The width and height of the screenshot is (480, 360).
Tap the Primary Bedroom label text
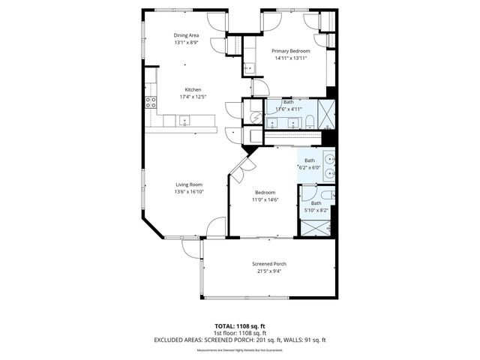tap(291, 51)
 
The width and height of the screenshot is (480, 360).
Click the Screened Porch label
tap(268, 264)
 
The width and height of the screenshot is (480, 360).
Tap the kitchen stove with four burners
tap(150, 102)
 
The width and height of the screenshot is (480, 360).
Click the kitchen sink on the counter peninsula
tap(184, 119)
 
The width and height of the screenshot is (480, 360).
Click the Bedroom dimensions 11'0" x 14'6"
tap(265, 199)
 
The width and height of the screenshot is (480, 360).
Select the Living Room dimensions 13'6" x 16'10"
tap(190, 191)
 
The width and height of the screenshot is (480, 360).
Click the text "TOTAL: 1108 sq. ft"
tap(240, 326)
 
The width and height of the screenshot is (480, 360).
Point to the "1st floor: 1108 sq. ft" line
tap(240, 333)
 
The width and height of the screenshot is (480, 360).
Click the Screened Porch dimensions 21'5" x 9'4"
tap(268, 271)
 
